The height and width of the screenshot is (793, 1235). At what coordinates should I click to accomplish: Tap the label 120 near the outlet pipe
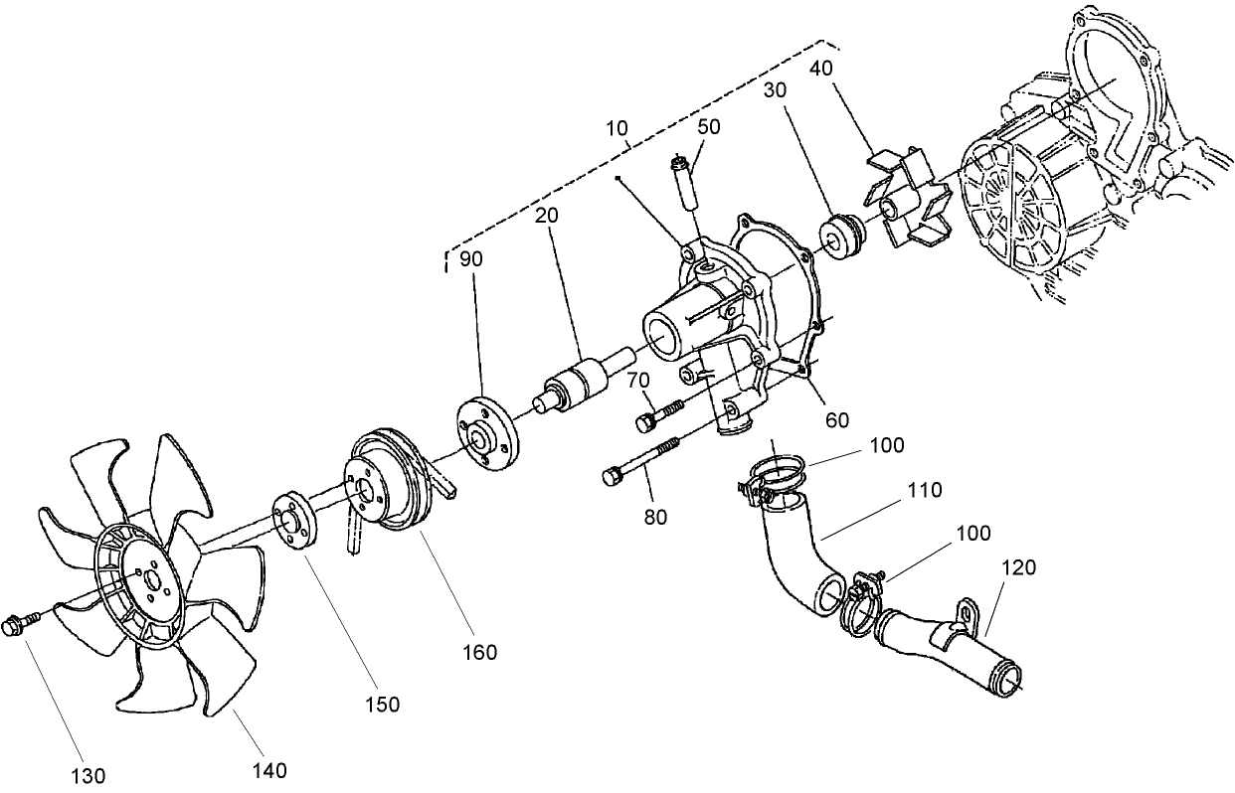click(x=1018, y=567)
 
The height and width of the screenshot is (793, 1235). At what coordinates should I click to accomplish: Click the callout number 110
click(x=924, y=490)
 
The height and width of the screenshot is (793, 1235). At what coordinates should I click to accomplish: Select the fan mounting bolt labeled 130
click(x=18, y=626)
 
